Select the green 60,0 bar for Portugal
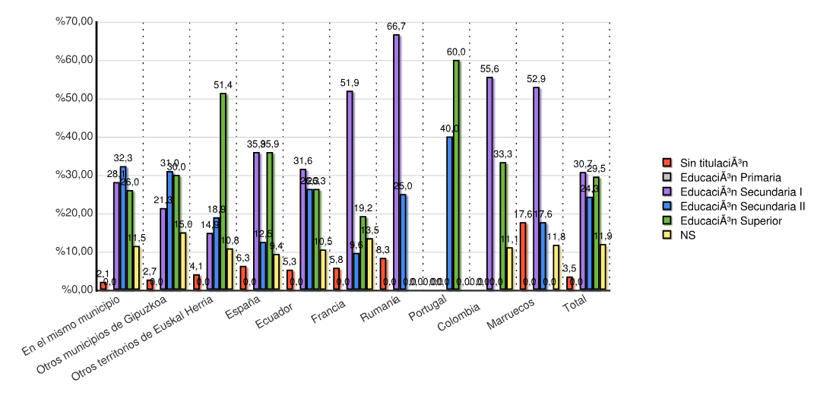(456, 175)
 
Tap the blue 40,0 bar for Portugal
(449, 213)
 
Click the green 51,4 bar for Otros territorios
(223, 191)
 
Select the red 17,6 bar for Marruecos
(523, 255)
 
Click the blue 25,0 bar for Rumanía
(403, 242)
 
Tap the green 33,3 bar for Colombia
(503, 226)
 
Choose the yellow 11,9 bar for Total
(603, 267)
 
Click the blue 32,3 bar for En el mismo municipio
(123, 227)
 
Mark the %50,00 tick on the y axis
(94, 99)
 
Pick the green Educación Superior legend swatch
(667, 220)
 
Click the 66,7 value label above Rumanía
(396, 27)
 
